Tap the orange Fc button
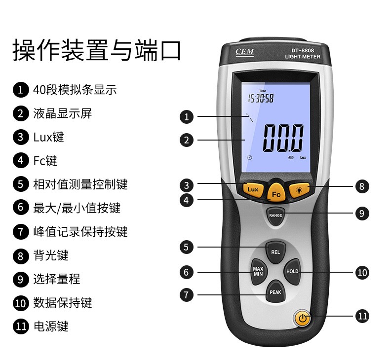click(276, 193)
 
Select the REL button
click(275, 252)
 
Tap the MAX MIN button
click(258, 271)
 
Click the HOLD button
click(292, 271)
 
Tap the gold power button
click(303, 318)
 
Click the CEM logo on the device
click(245, 52)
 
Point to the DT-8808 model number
click(303, 50)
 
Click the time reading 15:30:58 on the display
click(261, 98)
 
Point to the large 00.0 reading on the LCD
click(283, 138)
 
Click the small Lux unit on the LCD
click(303, 157)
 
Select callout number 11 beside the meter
click(362, 316)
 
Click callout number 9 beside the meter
click(362, 213)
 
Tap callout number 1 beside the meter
click(187, 116)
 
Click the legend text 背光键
click(51, 255)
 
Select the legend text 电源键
click(51, 326)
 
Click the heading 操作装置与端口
click(97, 50)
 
